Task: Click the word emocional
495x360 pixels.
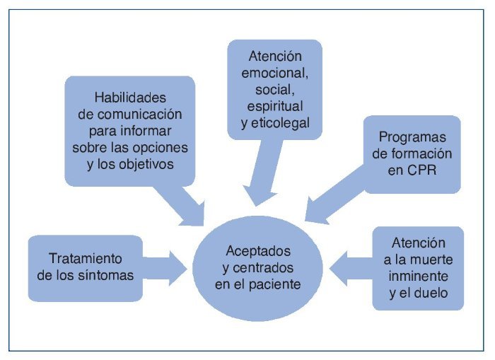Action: (x=274, y=74)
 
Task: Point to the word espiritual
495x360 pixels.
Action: (x=274, y=107)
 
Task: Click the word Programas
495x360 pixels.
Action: (x=412, y=136)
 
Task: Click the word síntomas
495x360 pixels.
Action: (x=106, y=275)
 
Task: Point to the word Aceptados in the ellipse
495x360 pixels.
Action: (x=257, y=251)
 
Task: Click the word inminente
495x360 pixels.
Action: (x=418, y=275)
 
